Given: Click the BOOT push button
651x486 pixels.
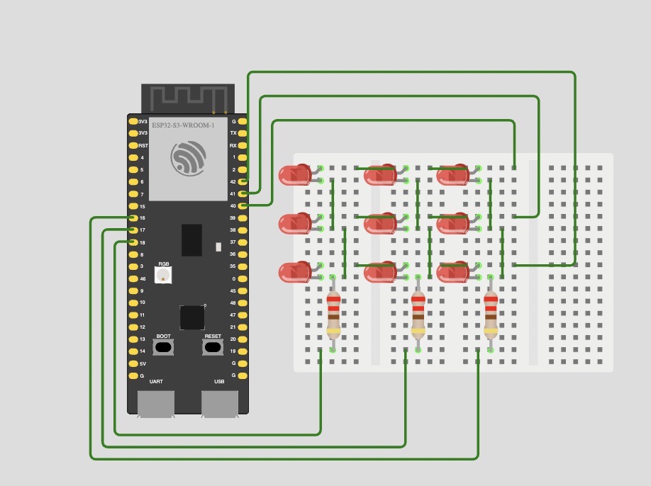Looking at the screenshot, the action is click(163, 347).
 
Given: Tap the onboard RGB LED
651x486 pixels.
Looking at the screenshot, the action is click(163, 274).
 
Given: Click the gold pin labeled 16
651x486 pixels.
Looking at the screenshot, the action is click(133, 218).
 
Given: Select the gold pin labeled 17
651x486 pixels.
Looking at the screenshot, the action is click(133, 230).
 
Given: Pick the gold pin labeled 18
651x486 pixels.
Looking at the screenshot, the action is click(133, 242).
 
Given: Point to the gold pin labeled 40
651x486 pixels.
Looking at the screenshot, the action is click(243, 206).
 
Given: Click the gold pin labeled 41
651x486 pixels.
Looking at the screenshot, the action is click(243, 193).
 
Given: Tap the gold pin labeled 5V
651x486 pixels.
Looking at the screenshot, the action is click(133, 363).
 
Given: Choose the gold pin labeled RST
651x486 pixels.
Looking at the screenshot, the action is click(133, 145).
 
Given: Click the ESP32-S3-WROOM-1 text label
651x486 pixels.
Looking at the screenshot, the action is click(183, 125).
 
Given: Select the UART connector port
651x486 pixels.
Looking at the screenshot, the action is click(156, 404).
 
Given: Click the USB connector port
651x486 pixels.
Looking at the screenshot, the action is click(220, 404).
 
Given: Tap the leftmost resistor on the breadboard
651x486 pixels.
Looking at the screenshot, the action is click(333, 314).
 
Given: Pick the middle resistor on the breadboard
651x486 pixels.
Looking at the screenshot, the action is click(418, 314).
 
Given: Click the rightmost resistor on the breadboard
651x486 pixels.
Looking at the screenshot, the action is click(491, 314).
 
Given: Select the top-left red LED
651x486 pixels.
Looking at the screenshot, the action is click(296, 174).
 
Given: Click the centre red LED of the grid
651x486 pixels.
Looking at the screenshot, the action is click(381, 223).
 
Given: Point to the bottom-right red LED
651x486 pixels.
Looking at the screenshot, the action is click(453, 271).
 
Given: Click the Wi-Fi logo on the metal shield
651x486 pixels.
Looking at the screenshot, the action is click(188, 158).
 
